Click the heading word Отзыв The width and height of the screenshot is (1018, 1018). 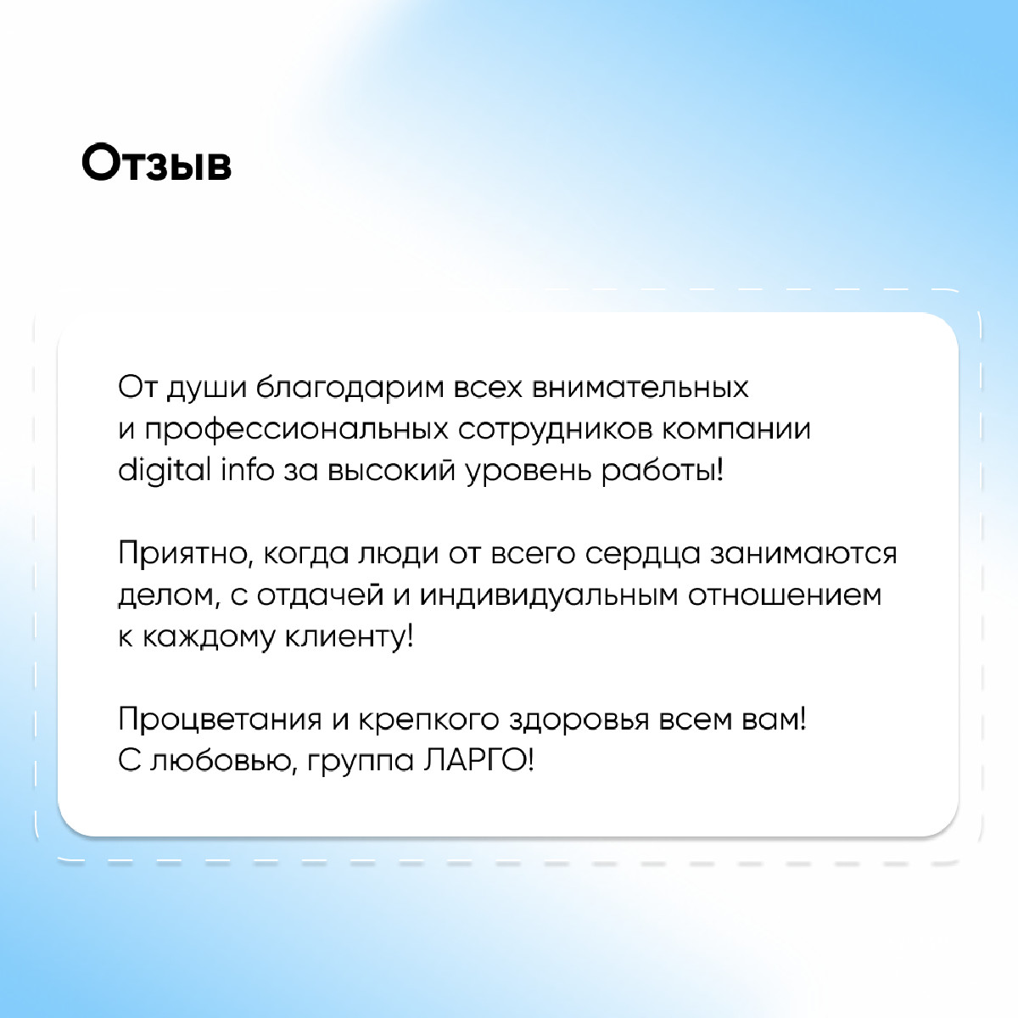click(x=156, y=163)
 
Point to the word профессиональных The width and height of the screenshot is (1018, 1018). click(x=296, y=430)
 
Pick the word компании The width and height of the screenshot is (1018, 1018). click(x=736, y=430)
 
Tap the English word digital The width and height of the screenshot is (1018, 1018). click(x=165, y=471)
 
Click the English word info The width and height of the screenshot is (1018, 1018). click(x=247, y=469)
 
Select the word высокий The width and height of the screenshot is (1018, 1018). click(x=391, y=470)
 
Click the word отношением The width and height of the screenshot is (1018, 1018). click(x=785, y=596)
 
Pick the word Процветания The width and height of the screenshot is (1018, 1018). click(x=220, y=720)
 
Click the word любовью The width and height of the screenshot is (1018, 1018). click(x=225, y=762)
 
